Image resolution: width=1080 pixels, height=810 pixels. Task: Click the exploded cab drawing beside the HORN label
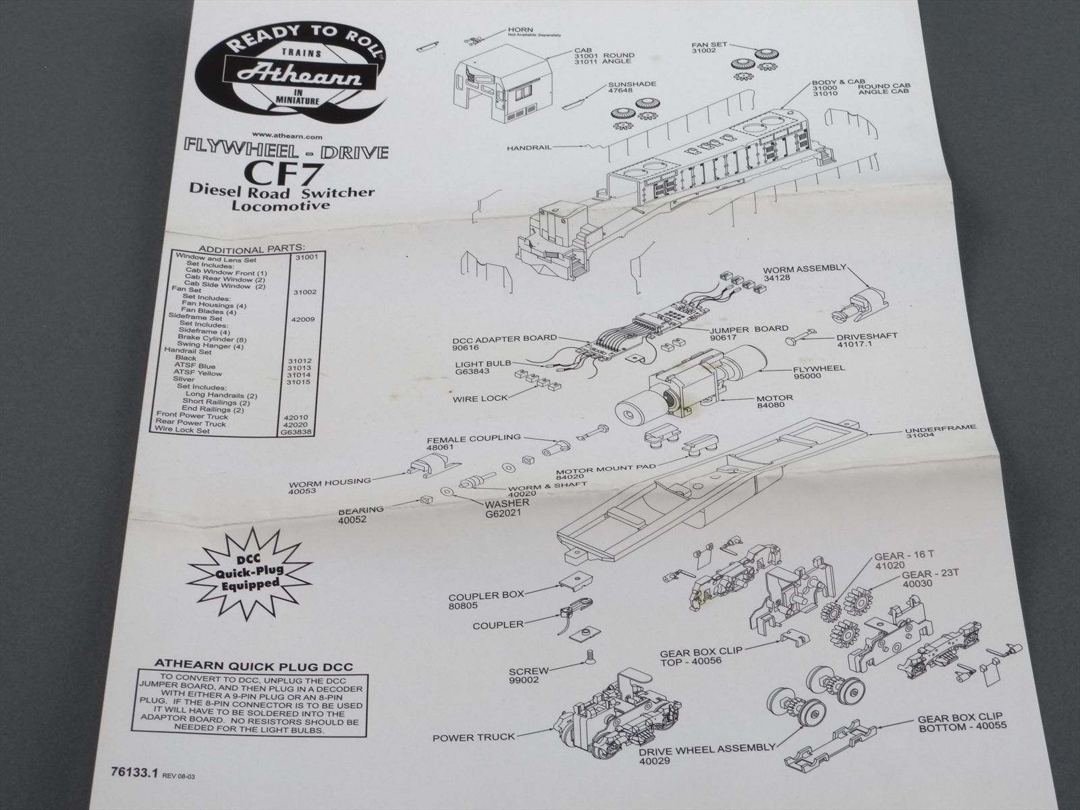point(503,91)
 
